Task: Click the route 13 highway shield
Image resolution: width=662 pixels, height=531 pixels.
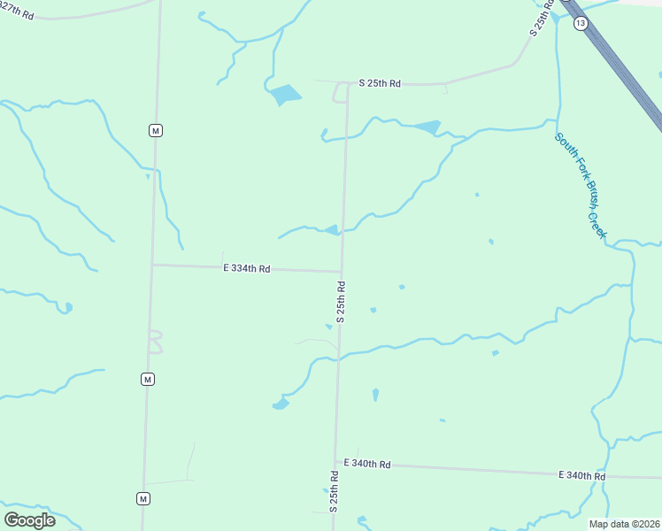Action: [580, 24]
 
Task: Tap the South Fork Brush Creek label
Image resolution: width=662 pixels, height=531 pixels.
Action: [581, 185]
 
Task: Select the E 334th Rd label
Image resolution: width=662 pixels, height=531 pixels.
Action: [246, 267]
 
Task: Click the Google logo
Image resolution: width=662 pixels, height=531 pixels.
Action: [29, 519]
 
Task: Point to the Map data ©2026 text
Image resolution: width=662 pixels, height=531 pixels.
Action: [625, 523]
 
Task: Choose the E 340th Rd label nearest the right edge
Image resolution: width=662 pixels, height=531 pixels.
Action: [581, 475]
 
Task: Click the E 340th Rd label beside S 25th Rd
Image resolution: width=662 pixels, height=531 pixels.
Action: [366, 464]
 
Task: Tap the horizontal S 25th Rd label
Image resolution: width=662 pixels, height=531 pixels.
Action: [380, 83]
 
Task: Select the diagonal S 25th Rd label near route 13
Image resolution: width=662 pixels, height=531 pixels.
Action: [542, 18]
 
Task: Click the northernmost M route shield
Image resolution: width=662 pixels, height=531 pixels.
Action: [156, 130]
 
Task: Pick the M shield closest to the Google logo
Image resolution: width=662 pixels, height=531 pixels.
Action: [142, 498]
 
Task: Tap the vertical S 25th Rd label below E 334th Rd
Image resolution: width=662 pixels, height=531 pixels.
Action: [340, 301]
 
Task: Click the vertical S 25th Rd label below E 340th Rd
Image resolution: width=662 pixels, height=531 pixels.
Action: [335, 491]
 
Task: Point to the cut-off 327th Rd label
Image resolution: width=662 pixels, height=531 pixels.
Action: [17, 12]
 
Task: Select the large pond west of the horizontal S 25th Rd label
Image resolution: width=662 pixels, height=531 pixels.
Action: [285, 93]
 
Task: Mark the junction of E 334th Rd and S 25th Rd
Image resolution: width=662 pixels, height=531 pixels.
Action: [342, 271]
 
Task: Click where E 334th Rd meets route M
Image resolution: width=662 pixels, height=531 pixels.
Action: [152, 264]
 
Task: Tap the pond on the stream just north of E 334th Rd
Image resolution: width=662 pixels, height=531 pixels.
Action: [332, 230]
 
